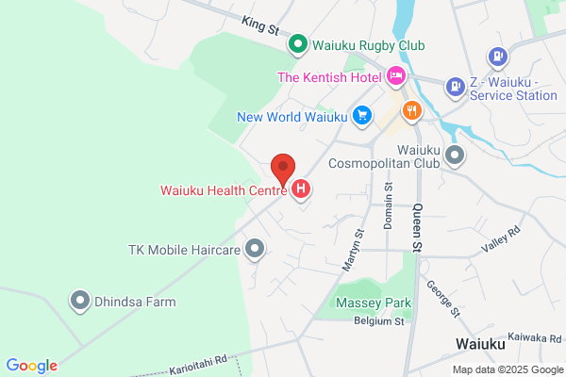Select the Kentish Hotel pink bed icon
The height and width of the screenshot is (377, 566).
[x=397, y=76]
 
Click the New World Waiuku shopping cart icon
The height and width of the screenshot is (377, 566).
[x=361, y=116]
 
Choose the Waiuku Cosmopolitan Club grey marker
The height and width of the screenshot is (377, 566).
[x=456, y=156]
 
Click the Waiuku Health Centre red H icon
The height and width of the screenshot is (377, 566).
[x=301, y=189]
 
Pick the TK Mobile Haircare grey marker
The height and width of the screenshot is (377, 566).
[x=254, y=250]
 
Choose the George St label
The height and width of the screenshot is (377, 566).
[x=441, y=299]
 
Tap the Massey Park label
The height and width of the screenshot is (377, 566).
[x=372, y=304]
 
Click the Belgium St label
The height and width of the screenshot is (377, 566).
[x=379, y=321]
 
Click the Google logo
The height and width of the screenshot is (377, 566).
[x=31, y=366]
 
